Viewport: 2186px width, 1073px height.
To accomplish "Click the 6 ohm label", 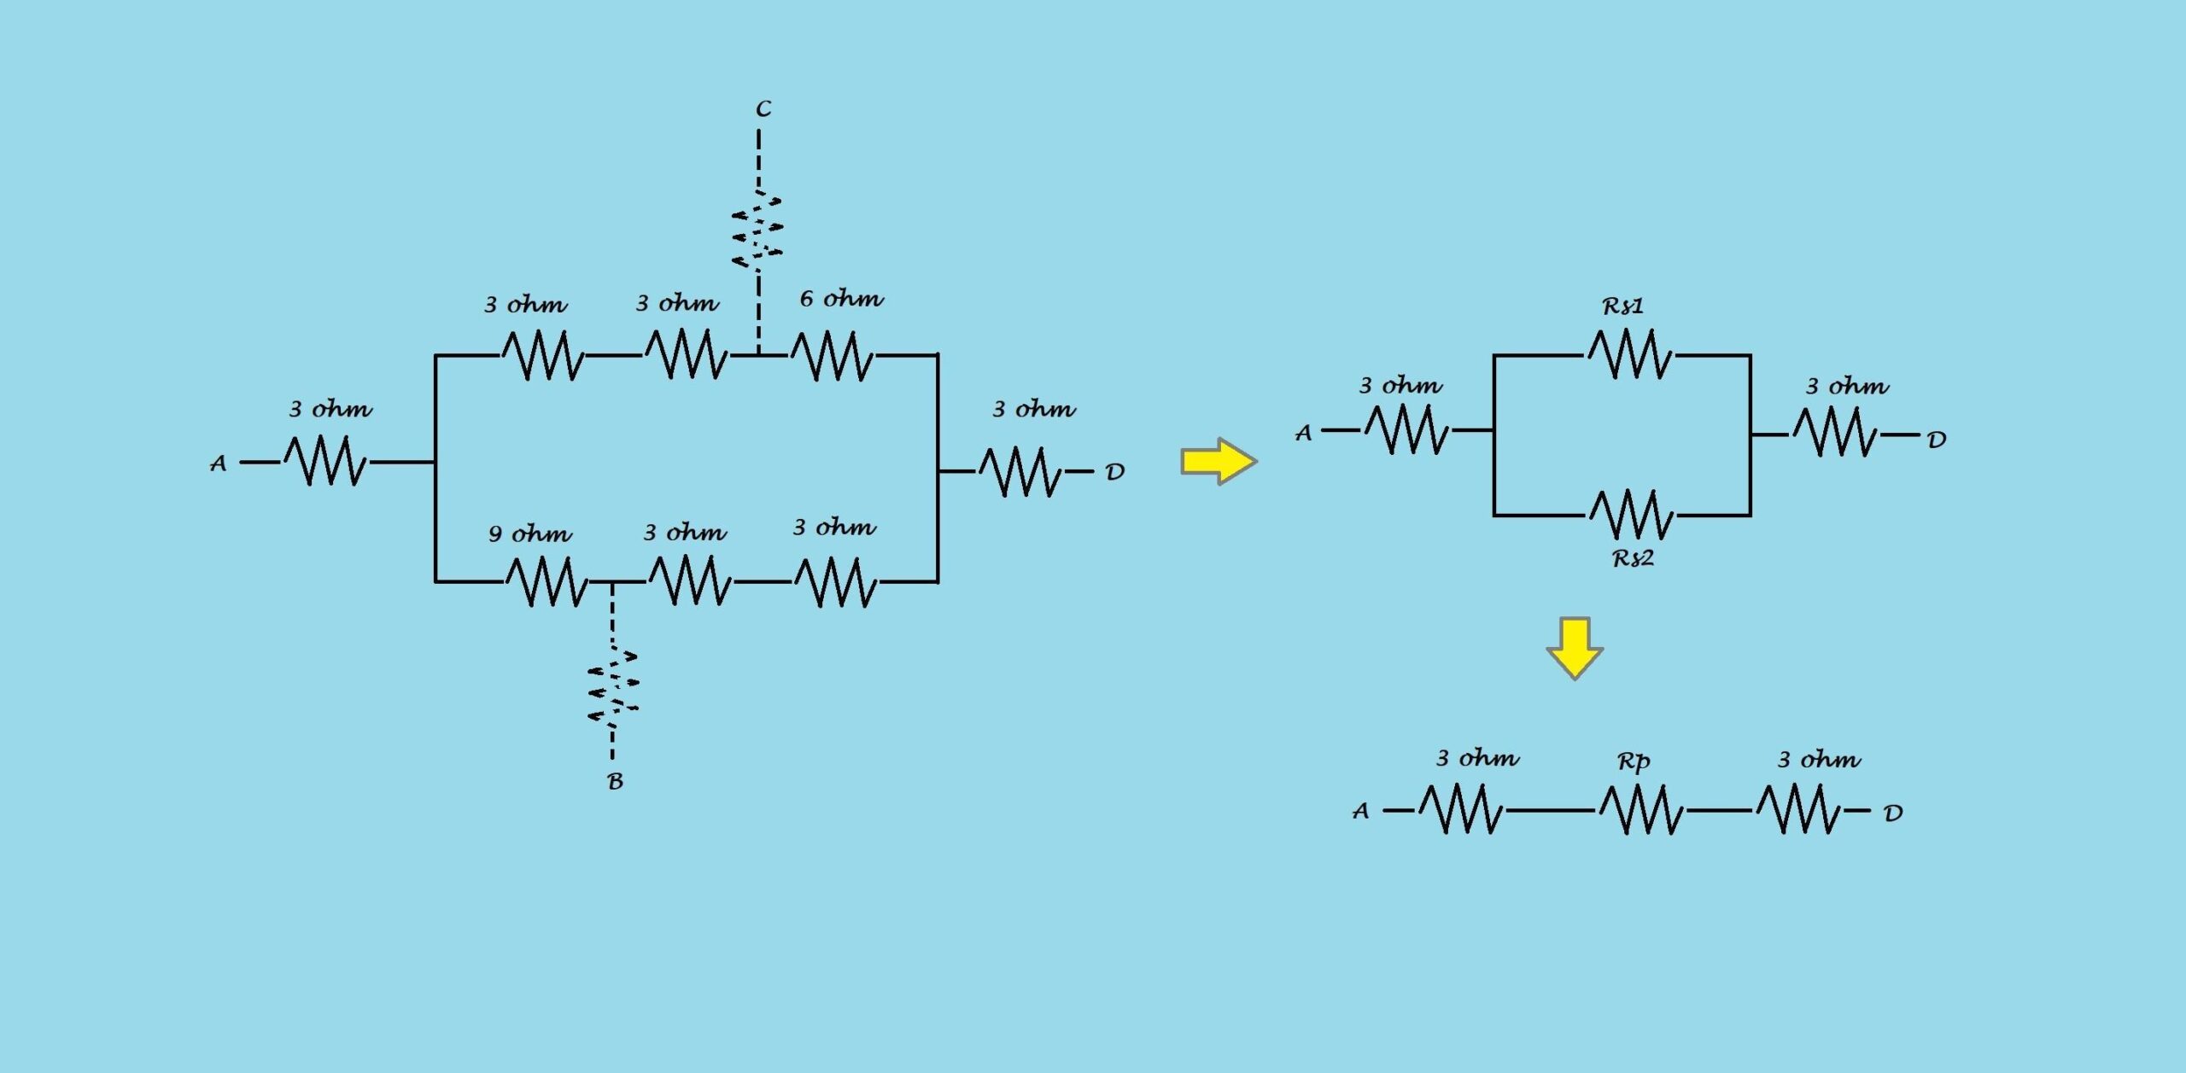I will [841, 300].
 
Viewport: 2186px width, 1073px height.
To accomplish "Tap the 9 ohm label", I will [529, 535].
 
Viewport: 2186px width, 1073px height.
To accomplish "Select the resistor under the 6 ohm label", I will [833, 355].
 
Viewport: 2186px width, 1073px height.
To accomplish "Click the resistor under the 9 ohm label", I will [546, 581].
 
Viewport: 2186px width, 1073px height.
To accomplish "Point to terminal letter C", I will [763, 109].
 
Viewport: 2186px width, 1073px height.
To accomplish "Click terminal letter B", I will [615, 782].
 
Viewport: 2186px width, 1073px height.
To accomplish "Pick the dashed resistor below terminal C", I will [757, 229].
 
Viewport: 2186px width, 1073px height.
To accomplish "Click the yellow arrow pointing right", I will [1219, 462].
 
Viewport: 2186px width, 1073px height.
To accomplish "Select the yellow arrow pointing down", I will [1575, 647].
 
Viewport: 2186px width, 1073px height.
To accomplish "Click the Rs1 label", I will [1622, 306].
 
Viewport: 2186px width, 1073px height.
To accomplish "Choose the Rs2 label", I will [1633, 559].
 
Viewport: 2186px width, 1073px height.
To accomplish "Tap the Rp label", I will [1634, 761].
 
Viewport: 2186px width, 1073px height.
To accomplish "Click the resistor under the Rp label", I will [1641, 810].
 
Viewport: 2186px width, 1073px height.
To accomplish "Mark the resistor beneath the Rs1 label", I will [1630, 354].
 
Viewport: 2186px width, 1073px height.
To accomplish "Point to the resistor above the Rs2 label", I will [1632, 515].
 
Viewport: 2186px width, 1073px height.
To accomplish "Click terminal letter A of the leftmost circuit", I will [219, 464].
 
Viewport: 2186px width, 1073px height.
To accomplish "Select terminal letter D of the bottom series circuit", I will [1893, 813].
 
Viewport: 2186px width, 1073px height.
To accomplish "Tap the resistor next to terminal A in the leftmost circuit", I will [325, 461].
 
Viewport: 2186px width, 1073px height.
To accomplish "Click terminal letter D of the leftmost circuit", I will [1115, 472].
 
